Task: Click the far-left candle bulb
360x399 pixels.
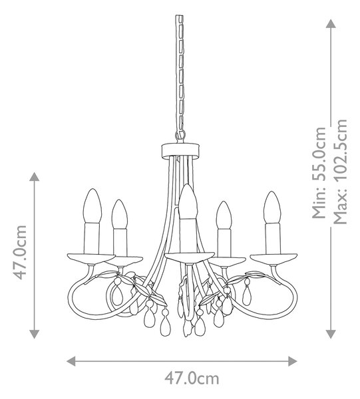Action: [x=92, y=205]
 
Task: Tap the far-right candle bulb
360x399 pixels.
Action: [x=272, y=207]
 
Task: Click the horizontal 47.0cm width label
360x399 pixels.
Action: [x=192, y=378]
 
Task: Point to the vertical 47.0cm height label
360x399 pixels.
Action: [x=20, y=252]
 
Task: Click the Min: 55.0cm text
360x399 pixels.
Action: [x=319, y=172]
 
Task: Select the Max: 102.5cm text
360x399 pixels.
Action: [x=340, y=172]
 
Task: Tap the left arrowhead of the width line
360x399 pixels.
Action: [x=71, y=361]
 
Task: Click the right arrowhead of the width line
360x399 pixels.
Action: [x=293, y=361]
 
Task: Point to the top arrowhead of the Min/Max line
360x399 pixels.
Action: [x=331, y=23]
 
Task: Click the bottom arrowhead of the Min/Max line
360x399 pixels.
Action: [x=331, y=334]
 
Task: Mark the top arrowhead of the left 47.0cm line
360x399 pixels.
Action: [x=35, y=177]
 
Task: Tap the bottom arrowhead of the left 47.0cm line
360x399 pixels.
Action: [x=35, y=334]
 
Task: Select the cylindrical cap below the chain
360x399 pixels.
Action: [x=180, y=150]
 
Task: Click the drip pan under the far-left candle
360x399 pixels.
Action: [x=91, y=258]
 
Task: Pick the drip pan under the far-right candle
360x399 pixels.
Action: [x=273, y=258]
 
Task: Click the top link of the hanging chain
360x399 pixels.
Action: [x=179, y=20]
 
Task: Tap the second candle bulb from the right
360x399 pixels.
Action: [x=224, y=215]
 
